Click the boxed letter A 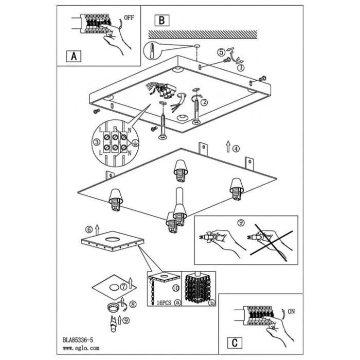pos(74,56)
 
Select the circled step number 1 pos(240,66)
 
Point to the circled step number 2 pos(204,102)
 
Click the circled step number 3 pos(96,141)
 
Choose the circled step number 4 pos(236,150)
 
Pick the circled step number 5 pos(221,52)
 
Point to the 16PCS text pos(163,303)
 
